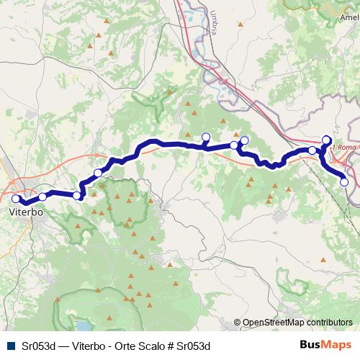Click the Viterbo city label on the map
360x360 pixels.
[x=26, y=213]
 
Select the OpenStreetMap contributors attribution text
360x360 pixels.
[x=297, y=323]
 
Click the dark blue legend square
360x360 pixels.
[x=9, y=346]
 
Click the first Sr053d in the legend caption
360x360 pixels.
[x=37, y=346]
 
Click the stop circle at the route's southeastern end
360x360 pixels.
[x=344, y=183]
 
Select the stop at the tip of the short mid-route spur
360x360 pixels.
[x=206, y=137]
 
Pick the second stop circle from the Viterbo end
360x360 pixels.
[x=42, y=196]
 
